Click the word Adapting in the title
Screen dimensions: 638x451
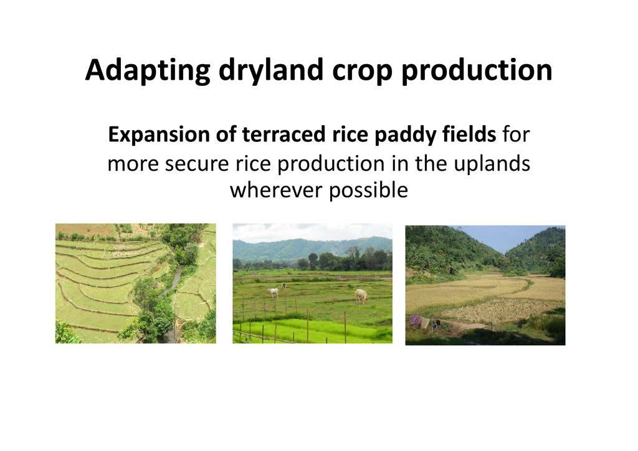click(x=148, y=71)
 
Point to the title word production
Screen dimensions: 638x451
click(x=477, y=71)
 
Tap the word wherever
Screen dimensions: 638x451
click(x=276, y=191)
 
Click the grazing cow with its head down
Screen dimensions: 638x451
click(x=361, y=296)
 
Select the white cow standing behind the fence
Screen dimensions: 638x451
click(x=273, y=292)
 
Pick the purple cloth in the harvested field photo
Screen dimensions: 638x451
click(x=416, y=321)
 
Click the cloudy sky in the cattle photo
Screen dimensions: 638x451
click(x=313, y=231)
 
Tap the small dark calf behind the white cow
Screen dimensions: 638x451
click(x=283, y=285)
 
